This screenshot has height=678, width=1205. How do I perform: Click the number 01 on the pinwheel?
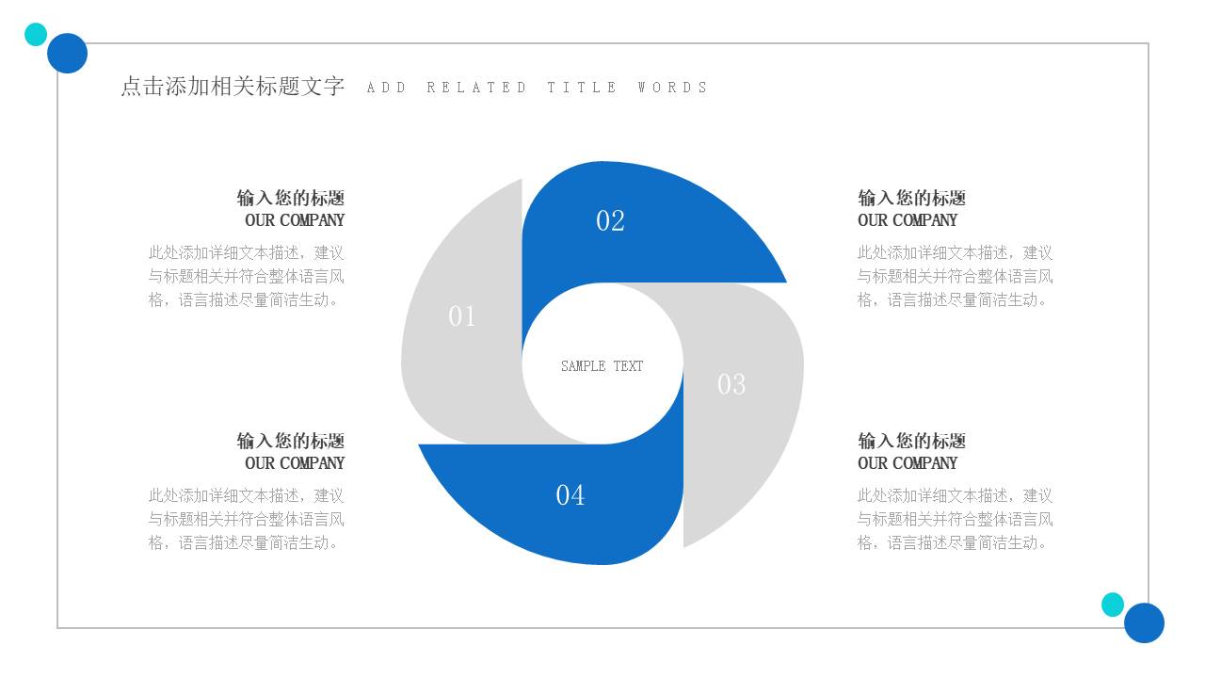tap(462, 316)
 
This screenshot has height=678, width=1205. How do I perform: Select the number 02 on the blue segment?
tap(610, 220)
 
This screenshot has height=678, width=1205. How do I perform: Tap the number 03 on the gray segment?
tap(731, 384)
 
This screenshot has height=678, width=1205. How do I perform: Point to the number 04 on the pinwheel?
tap(570, 494)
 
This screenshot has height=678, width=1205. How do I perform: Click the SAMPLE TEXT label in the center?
tap(602, 366)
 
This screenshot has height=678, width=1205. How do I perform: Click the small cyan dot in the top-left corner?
tap(36, 35)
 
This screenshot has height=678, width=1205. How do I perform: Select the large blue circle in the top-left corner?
tap(68, 53)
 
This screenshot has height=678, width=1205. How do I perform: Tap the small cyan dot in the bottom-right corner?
tap(1113, 605)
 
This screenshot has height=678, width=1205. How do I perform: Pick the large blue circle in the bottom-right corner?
tap(1144, 622)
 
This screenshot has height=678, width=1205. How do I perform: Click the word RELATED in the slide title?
tap(476, 88)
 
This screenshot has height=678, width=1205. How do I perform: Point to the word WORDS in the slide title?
tap(672, 88)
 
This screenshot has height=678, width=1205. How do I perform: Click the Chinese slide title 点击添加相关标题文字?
tap(233, 87)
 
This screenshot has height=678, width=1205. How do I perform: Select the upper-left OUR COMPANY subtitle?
tap(295, 220)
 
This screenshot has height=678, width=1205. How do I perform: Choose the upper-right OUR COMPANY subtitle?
tap(908, 220)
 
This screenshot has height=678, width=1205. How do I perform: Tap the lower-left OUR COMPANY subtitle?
tap(295, 463)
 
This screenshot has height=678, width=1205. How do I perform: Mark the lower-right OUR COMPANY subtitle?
tap(908, 463)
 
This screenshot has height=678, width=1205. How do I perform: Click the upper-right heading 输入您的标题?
tap(911, 198)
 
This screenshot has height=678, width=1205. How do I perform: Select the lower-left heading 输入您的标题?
tap(291, 441)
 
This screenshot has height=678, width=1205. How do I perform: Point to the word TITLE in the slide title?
tap(582, 88)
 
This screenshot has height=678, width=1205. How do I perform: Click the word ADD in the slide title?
tap(386, 88)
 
